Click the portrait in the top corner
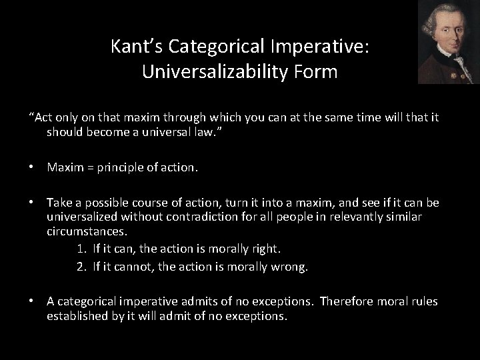click(448, 42)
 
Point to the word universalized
click(82, 217)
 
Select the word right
click(266, 249)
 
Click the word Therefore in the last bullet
click(347, 301)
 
